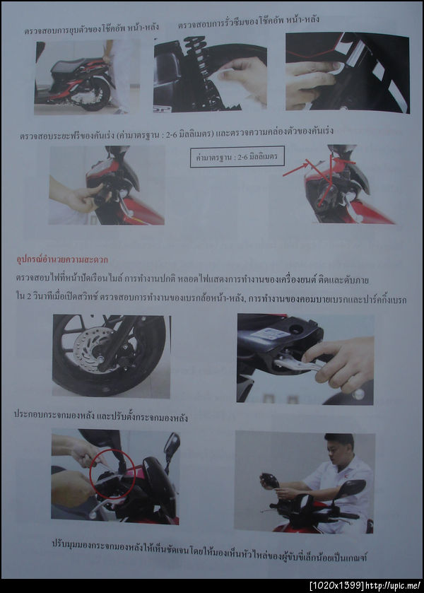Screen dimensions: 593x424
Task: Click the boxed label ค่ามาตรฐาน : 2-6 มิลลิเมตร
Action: (237, 156)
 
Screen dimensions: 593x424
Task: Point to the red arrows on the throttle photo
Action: (314, 173)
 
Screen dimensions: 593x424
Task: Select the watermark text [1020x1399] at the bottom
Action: (334, 585)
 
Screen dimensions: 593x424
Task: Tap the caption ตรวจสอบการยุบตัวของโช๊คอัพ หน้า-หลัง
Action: (91, 28)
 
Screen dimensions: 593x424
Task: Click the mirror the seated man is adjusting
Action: (270, 481)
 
